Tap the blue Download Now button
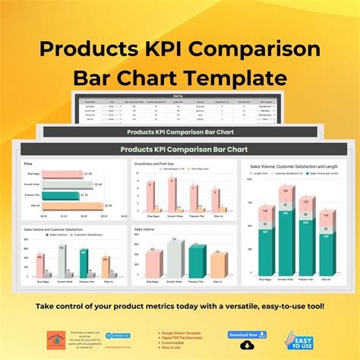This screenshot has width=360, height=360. tap(247, 334)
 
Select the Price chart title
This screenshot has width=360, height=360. tap(29, 163)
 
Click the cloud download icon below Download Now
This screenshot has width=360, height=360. tap(247, 346)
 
